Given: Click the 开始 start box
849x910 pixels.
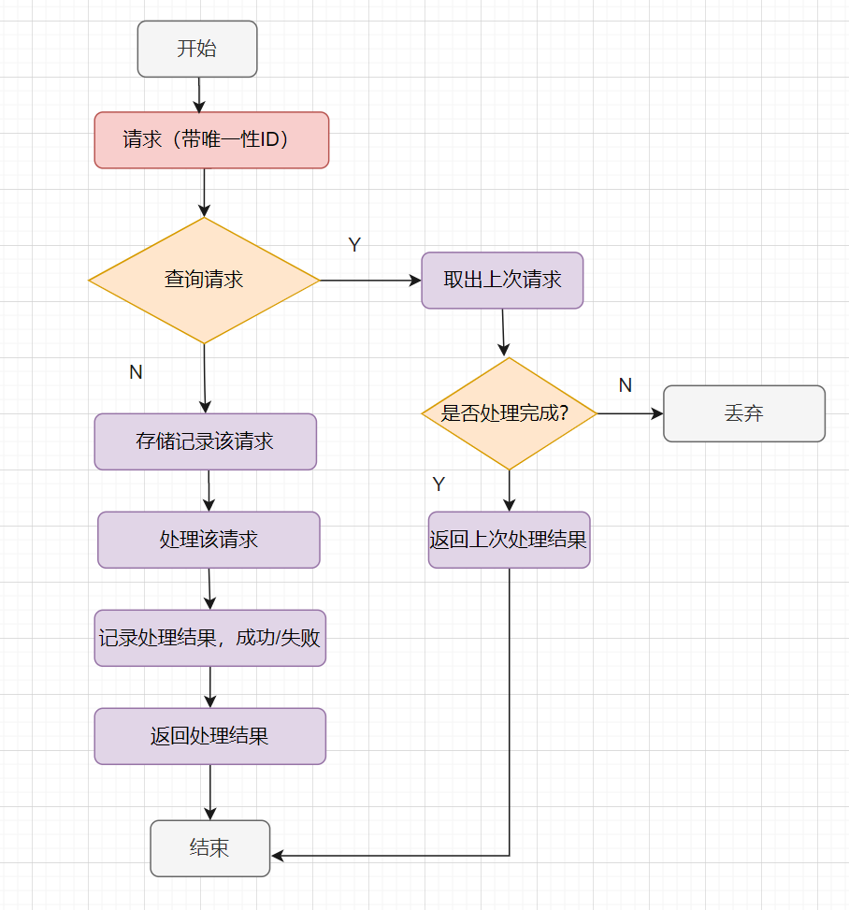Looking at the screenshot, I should click(x=196, y=49).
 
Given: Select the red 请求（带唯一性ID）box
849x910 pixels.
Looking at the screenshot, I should click(x=211, y=140).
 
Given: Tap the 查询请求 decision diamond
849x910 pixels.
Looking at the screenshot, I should click(x=204, y=280).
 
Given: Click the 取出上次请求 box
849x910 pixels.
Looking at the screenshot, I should click(x=502, y=280).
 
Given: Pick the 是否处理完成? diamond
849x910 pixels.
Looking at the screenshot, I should click(x=509, y=413).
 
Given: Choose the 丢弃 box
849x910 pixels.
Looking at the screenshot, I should click(x=743, y=413).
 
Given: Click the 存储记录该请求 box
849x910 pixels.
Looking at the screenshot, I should click(x=205, y=441).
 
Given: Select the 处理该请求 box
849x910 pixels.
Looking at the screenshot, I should click(x=209, y=540).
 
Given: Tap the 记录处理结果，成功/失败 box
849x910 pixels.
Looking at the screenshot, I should click(x=209, y=638).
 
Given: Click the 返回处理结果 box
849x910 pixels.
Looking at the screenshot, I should click(x=209, y=736).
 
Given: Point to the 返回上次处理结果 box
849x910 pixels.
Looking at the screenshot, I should click(x=509, y=540).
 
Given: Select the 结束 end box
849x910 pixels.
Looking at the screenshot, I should click(x=209, y=848).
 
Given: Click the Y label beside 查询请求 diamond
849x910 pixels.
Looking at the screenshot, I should click(x=354, y=245).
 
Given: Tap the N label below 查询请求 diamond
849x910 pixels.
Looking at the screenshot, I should click(x=136, y=372).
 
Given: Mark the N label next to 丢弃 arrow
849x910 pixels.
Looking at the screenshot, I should click(x=626, y=385).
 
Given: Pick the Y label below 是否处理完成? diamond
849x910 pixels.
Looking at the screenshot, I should click(x=439, y=484).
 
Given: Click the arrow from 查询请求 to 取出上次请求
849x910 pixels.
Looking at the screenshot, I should click(x=370, y=280).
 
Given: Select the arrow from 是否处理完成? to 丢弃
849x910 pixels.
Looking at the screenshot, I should click(x=630, y=413).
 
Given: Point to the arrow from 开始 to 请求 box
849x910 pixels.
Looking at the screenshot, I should click(x=198, y=94).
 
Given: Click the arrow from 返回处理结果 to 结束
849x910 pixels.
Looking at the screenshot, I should click(x=210, y=792).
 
